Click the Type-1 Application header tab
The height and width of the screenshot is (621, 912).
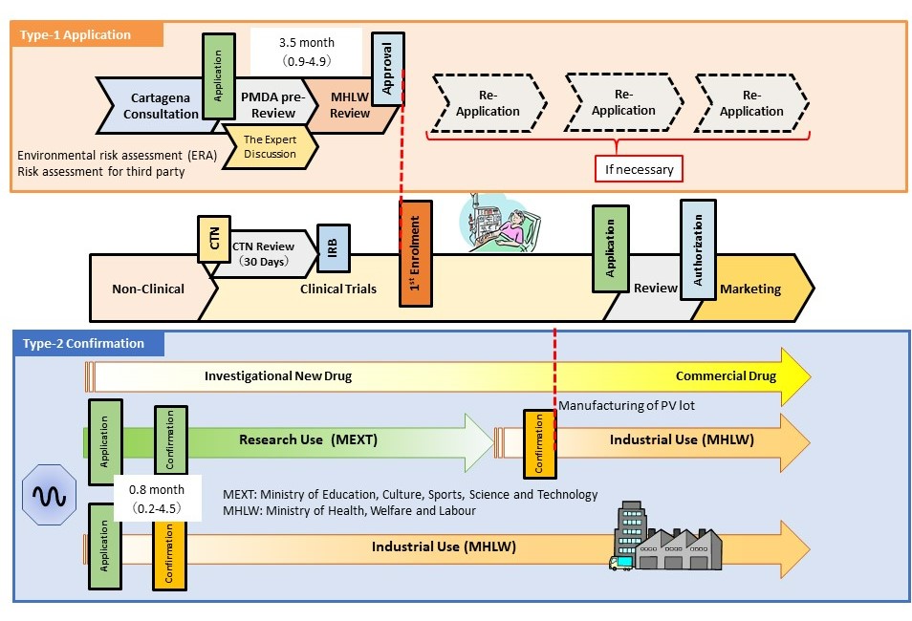point(86,34)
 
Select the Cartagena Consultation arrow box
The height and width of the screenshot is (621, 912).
point(153,105)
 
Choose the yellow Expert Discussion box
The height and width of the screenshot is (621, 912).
point(270,146)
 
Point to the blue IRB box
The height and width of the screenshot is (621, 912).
point(333,247)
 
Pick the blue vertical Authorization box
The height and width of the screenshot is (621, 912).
point(698,249)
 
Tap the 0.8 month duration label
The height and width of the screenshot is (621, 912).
point(157,498)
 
